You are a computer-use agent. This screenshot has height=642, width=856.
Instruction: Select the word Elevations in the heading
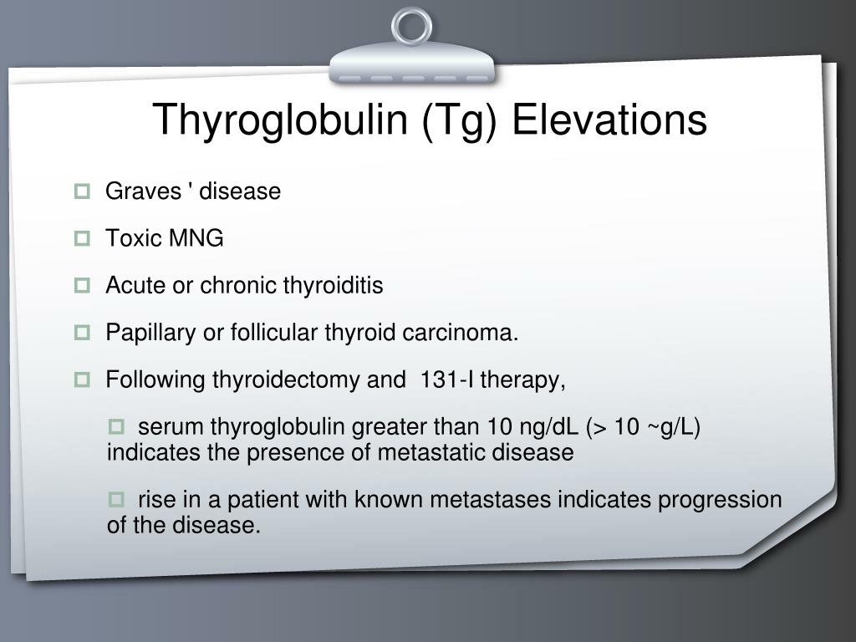[609, 120]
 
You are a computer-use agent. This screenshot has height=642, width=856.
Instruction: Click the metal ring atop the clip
[412, 26]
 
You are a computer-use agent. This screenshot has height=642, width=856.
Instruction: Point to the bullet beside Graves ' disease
[82, 191]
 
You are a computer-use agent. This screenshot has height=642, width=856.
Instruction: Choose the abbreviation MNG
[196, 238]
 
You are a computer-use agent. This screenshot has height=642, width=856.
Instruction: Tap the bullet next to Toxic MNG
[82, 239]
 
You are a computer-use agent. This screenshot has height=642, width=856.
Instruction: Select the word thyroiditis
[333, 286]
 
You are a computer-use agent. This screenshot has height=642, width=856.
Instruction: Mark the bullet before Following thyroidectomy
[82, 380]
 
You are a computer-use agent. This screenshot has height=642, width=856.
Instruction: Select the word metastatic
[426, 452]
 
